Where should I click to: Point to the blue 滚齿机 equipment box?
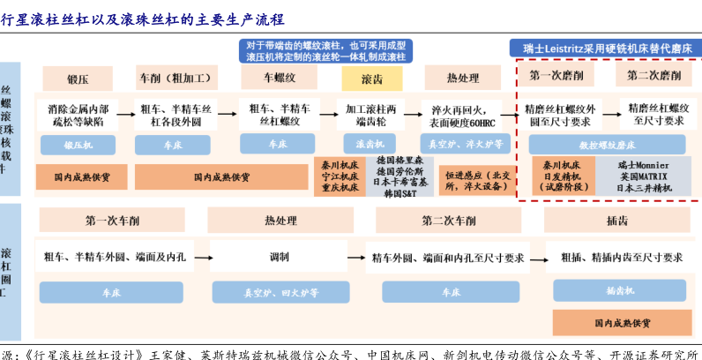point(365,142)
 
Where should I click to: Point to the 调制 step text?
point(280,258)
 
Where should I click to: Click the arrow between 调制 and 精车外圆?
point(356,258)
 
